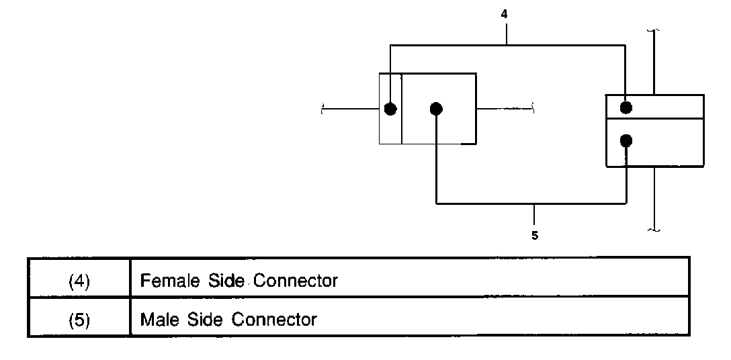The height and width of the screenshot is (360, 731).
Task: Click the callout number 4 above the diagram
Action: [x=505, y=13]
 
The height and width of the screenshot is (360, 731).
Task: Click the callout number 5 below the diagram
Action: [x=534, y=236]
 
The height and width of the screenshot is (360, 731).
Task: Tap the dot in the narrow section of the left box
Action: [x=390, y=109]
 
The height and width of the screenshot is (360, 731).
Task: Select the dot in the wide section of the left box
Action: [x=436, y=109]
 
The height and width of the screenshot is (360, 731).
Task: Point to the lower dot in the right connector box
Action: [x=626, y=140]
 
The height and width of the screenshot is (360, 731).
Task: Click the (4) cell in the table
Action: [x=79, y=281]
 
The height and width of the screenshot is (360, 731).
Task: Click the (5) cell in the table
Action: [x=79, y=319]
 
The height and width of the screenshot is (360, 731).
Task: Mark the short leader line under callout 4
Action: [x=506, y=33]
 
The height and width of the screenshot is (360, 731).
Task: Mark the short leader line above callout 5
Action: [x=534, y=214]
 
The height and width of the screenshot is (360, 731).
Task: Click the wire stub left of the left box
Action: [x=351, y=109]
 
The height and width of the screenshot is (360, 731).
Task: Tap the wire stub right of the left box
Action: [x=504, y=109]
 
